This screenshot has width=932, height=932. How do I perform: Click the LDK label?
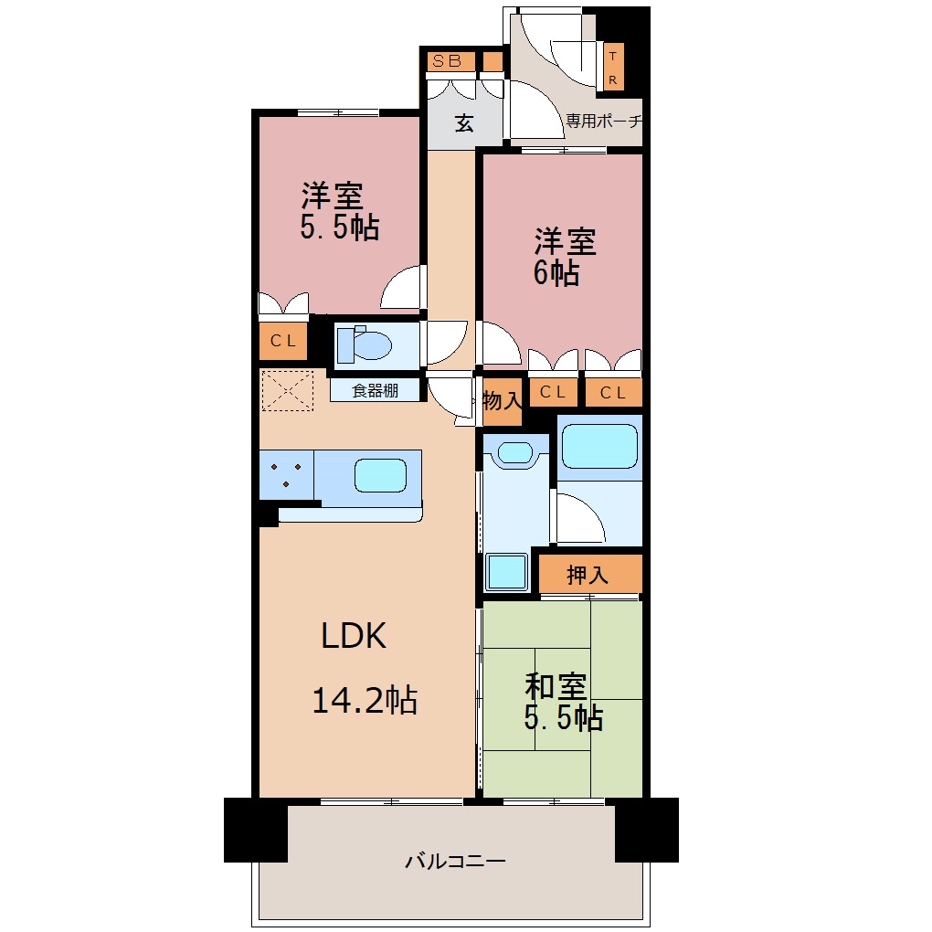pos(354,635)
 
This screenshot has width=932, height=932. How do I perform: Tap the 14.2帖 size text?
pos(365,700)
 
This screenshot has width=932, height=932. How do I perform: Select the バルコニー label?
pos(455,861)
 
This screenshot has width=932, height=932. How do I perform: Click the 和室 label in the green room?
pos(556,686)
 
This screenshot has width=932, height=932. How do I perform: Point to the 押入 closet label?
pos(588,575)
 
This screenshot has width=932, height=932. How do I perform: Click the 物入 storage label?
pos(503,400)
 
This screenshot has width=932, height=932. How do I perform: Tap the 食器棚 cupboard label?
pos(375,390)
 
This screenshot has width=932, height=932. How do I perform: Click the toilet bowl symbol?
pos(365,344)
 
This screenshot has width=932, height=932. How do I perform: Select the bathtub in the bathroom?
pos(599,445)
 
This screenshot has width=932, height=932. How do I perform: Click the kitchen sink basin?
pos(380,475)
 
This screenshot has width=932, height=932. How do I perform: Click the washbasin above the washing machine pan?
pos(515,453)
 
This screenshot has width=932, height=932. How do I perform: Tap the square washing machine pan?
pos(506,572)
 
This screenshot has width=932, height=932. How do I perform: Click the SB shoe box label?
pos(447,60)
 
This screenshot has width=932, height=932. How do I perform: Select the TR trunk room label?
pos(613,68)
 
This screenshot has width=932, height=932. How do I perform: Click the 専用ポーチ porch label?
pos(604,121)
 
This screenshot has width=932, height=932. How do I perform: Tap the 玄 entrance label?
pos(464,123)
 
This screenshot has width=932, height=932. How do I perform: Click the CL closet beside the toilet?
pos(283,341)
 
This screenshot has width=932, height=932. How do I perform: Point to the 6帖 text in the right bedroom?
pos(556,273)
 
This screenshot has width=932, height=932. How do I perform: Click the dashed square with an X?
pos(288,390)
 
